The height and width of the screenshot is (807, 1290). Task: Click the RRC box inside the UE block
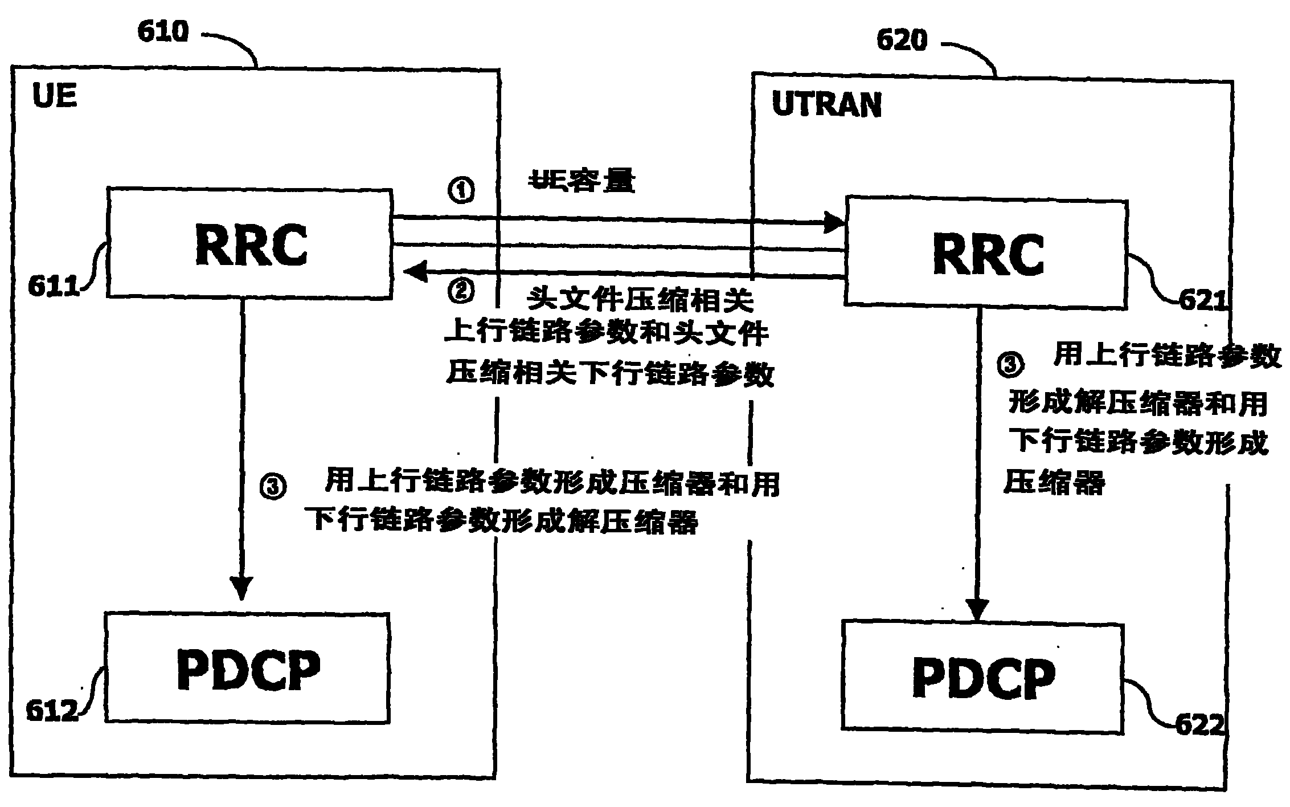(249, 243)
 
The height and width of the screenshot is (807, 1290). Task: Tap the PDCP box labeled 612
(247, 668)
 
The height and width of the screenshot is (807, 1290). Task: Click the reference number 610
(162, 32)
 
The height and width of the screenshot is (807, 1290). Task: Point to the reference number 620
(902, 41)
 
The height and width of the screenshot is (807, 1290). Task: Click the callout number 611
(54, 286)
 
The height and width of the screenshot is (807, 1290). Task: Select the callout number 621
(1202, 300)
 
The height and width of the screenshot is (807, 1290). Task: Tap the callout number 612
(52, 711)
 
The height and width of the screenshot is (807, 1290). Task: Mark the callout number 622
(1199, 726)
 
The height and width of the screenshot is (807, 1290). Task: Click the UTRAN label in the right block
(826, 105)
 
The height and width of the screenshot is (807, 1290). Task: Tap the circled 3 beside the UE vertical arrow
(273, 487)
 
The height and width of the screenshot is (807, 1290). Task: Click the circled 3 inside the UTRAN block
(1010, 364)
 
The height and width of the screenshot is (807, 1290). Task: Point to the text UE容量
(582, 182)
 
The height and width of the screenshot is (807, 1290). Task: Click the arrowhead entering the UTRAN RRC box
(834, 222)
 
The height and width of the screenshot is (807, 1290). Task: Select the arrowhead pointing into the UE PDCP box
(241, 587)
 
